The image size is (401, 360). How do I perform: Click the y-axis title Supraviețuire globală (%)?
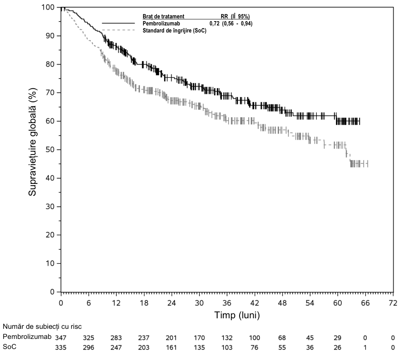pyautogui.click(x=32, y=142)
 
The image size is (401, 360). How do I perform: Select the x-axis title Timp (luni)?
pyautogui.click(x=237, y=315)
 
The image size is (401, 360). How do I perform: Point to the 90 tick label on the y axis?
pyautogui.click(x=50, y=36)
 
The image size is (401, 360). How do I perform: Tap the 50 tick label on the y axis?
pyautogui.click(x=50, y=150)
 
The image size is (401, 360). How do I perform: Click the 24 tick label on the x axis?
pyautogui.click(x=172, y=303)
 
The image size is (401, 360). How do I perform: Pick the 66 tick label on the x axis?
pyautogui.click(x=365, y=303)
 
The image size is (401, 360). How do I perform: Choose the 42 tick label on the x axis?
pyautogui.click(x=254, y=303)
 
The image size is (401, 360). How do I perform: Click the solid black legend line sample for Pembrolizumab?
pyautogui.click(x=118, y=23)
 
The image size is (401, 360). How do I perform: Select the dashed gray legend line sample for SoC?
pyautogui.click(x=118, y=30)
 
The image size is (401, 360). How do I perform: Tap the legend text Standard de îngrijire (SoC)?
pyautogui.click(x=175, y=31)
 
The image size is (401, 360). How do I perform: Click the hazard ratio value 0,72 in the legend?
pyautogui.click(x=215, y=24)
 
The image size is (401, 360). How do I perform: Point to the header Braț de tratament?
pyautogui.click(x=163, y=17)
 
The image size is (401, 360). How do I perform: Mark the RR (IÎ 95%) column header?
pyautogui.click(x=235, y=17)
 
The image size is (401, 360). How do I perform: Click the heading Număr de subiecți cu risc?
pyautogui.click(x=42, y=327)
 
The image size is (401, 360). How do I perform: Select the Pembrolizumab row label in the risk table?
pyautogui.click(x=27, y=337)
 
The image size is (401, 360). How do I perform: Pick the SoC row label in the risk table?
pyautogui.click(x=10, y=347)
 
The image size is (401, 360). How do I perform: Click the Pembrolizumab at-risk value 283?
pyautogui.click(x=116, y=338)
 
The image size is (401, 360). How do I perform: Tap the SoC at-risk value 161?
pyautogui.click(x=172, y=347)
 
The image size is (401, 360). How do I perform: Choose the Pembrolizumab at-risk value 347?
pyautogui.click(x=61, y=338)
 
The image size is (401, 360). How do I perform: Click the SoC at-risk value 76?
pyautogui.click(x=254, y=347)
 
